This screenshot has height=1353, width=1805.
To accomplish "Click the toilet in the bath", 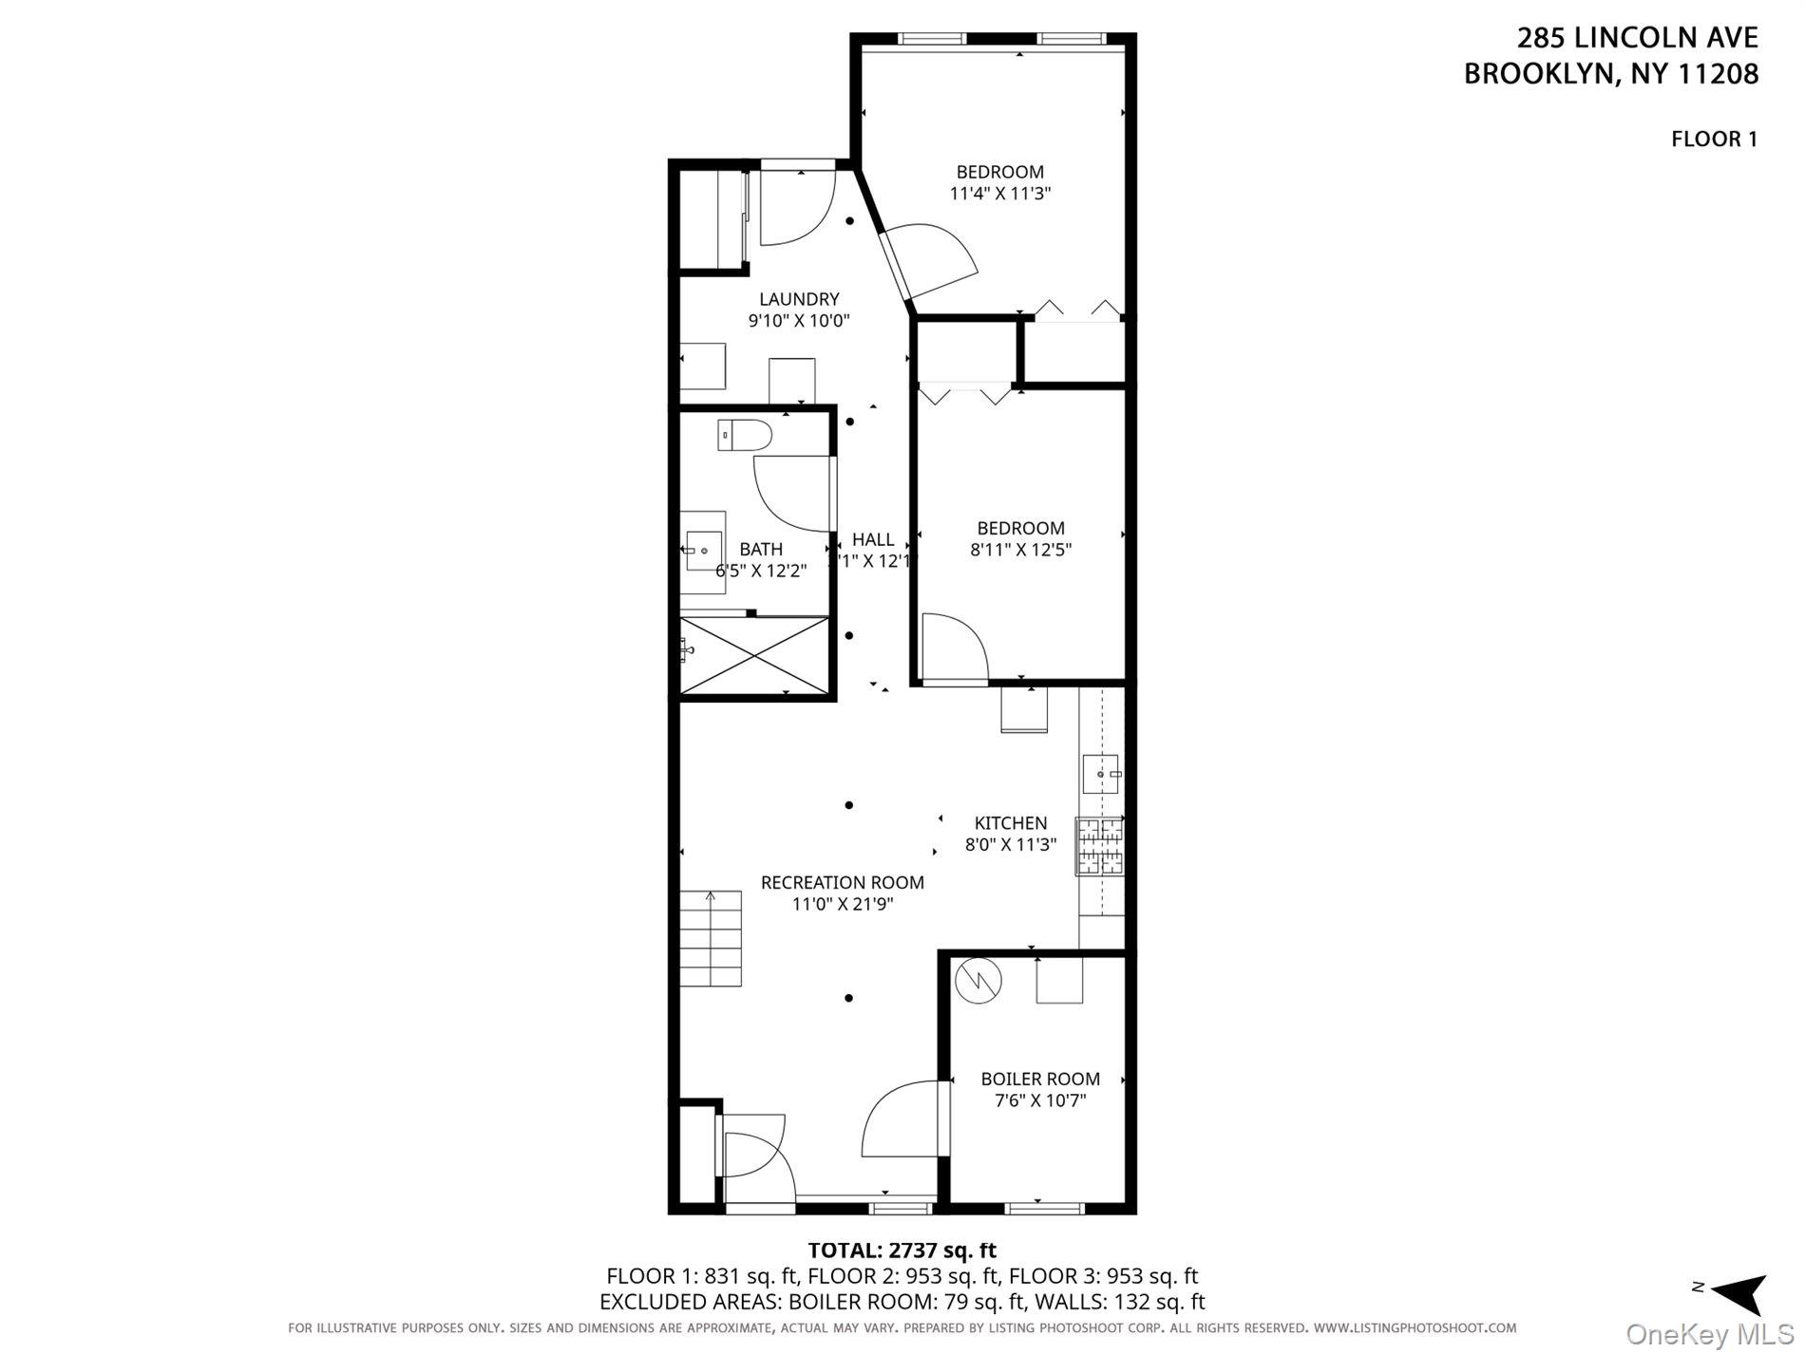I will (745, 436).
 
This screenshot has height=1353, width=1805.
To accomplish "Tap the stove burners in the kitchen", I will (1099, 846).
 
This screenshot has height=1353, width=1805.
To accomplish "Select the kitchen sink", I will (1102, 774).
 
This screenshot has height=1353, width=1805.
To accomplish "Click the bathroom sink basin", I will (704, 550).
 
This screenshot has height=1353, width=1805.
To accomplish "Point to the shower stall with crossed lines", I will (755, 656).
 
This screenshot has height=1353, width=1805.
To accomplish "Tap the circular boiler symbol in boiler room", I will (978, 981).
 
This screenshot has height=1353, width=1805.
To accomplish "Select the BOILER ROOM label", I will (1039, 1079).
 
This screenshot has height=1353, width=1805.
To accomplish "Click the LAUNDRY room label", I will (798, 299).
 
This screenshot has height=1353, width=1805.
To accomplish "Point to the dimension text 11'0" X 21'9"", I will (843, 904).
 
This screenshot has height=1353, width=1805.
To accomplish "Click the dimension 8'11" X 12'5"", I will (1020, 549).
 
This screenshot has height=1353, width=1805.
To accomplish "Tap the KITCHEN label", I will (1010, 823).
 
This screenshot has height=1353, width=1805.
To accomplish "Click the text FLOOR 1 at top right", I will (1714, 139).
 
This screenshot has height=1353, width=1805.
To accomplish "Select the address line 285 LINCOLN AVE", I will (1636, 38).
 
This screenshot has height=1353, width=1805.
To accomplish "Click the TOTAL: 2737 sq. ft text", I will (901, 1250).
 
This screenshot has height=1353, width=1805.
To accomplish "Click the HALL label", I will (872, 539).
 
